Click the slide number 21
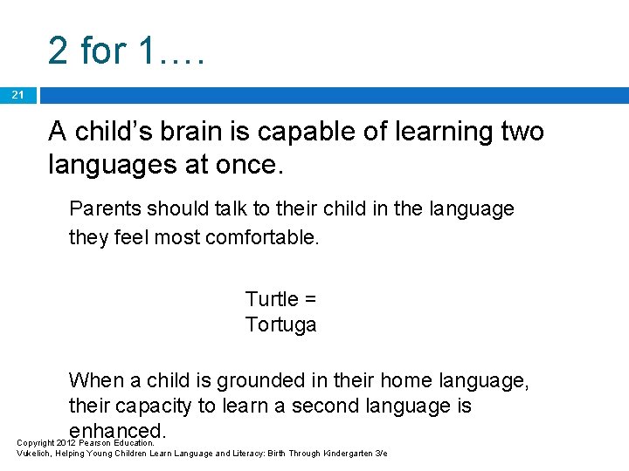click(17, 94)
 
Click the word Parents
click(106, 209)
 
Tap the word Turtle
click(272, 299)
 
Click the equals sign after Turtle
click(309, 299)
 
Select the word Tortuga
click(280, 325)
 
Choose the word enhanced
click(117, 431)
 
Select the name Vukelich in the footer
click(35, 454)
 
